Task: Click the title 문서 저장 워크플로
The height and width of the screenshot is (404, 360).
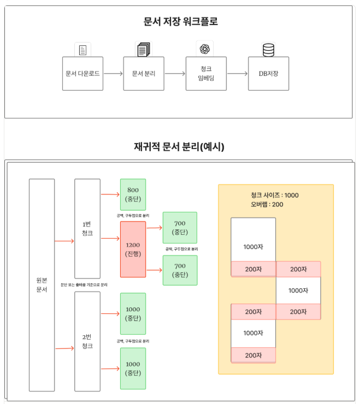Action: (x=180, y=22)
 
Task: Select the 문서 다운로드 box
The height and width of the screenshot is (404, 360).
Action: (x=82, y=73)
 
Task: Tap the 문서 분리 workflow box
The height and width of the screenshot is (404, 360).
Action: (x=144, y=73)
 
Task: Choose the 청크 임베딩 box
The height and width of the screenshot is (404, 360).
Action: (x=205, y=73)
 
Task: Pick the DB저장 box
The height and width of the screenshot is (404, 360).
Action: (x=268, y=73)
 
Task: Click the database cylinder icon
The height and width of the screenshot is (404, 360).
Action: (x=268, y=50)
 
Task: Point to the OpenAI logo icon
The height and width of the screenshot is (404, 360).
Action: (x=205, y=49)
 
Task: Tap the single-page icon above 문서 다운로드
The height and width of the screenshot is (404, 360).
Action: (x=83, y=50)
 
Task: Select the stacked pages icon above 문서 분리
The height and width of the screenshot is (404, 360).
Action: (x=144, y=50)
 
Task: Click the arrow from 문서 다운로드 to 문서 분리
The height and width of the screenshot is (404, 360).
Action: (x=113, y=73)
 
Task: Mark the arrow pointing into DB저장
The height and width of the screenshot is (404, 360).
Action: (x=237, y=73)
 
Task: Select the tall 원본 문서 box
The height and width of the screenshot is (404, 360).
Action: (x=42, y=284)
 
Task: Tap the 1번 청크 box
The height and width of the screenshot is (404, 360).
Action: (x=87, y=229)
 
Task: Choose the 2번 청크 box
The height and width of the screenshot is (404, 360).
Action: (x=87, y=341)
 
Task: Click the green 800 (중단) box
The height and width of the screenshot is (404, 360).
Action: (x=133, y=194)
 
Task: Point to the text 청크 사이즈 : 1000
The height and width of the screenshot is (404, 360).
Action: (x=274, y=195)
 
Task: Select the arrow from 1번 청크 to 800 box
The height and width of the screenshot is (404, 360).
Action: (x=110, y=192)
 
